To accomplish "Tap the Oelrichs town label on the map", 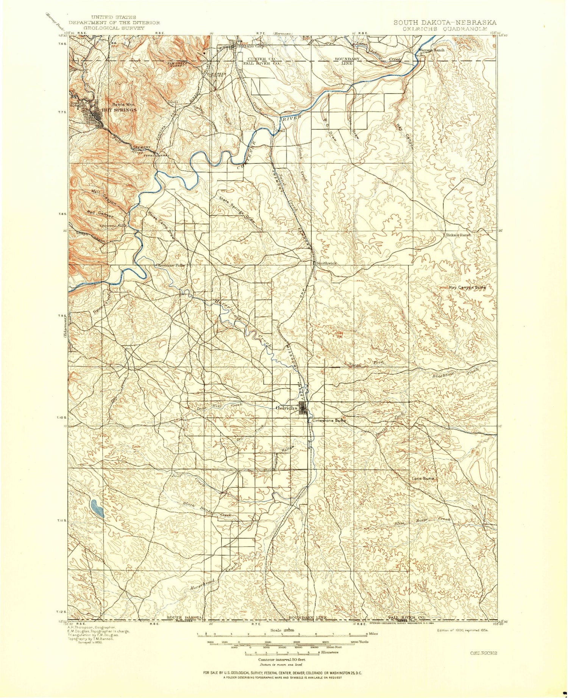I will coord(287,408).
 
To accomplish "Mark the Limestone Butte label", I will coord(328,421).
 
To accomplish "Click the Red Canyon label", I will coord(100,213).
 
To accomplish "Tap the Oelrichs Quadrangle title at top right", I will coord(445,28).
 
